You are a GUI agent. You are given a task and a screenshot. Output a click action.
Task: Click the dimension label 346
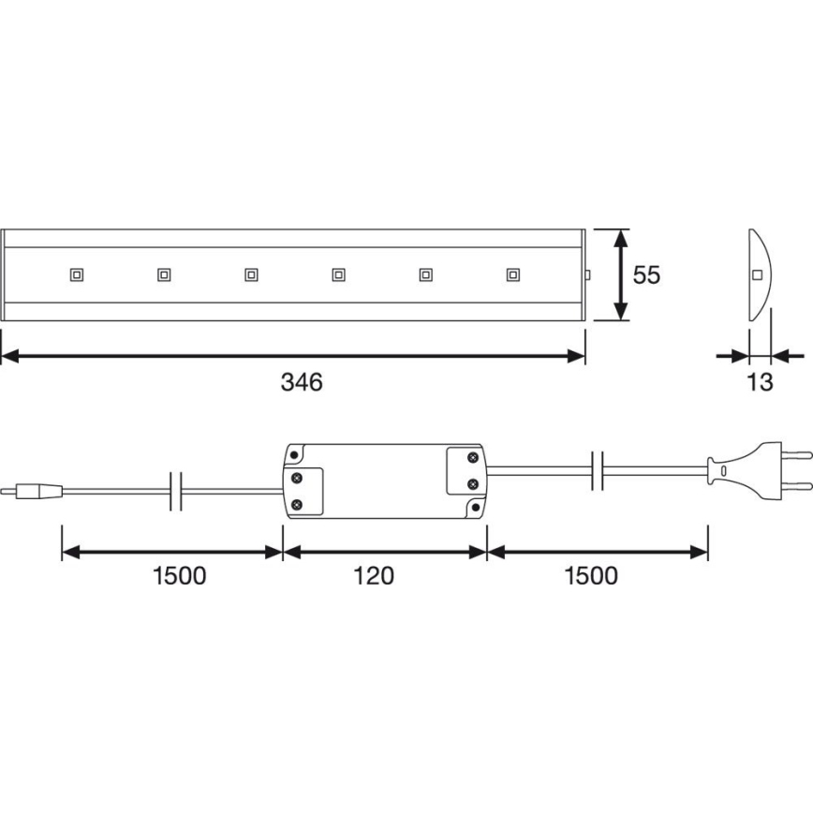(302, 382)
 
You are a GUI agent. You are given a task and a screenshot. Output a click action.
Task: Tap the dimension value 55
(646, 274)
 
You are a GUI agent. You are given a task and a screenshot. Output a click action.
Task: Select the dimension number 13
(760, 382)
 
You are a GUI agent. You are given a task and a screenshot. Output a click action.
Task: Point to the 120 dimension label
(374, 576)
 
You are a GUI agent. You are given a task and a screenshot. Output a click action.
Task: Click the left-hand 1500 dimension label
(180, 576)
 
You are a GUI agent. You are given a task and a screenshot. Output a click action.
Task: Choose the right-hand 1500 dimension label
(591, 576)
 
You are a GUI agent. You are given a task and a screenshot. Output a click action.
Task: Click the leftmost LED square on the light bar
(77, 274)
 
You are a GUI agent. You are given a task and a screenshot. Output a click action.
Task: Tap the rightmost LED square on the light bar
(513, 274)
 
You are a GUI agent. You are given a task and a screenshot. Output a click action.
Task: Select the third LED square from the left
(251, 274)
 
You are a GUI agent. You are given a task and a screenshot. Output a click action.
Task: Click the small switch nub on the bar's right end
(588, 275)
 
